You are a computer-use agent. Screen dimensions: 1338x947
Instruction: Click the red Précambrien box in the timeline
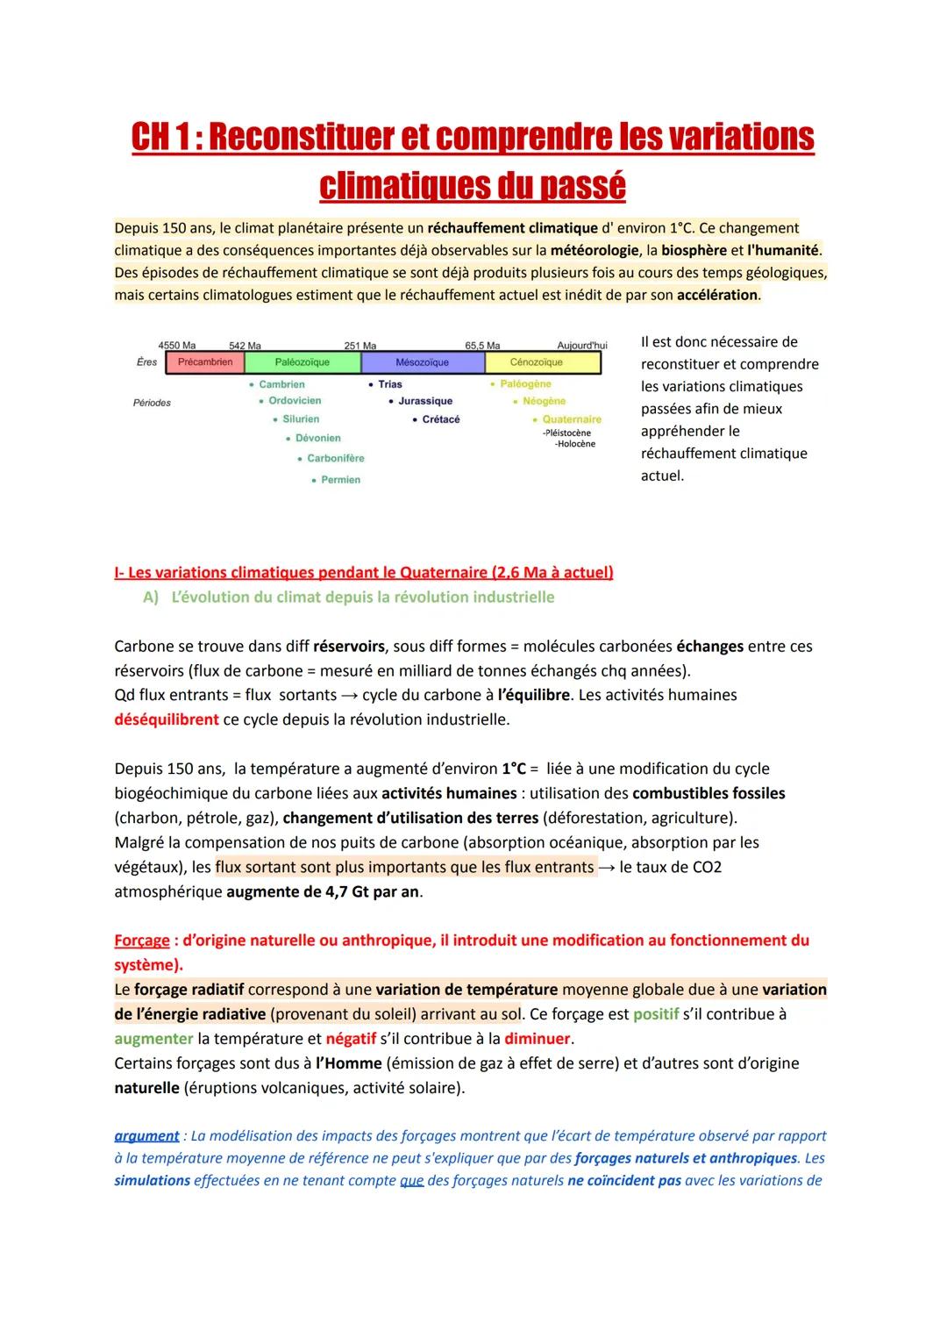[205, 362]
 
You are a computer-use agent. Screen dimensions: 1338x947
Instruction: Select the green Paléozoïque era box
[303, 362]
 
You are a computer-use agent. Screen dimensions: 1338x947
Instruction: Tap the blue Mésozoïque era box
[422, 362]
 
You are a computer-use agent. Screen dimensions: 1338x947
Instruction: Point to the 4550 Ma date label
[177, 346]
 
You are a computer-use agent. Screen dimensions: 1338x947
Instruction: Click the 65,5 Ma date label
[482, 346]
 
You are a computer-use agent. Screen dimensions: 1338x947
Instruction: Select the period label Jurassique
[425, 401]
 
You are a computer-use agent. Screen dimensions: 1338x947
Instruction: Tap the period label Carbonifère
[335, 458]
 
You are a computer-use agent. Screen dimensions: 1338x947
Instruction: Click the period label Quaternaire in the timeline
[572, 419]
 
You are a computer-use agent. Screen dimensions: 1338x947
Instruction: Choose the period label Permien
[340, 480]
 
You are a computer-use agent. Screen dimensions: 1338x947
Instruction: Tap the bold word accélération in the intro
[717, 295]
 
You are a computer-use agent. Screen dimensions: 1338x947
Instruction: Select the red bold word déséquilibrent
[167, 719]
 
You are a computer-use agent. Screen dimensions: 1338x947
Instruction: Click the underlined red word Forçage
[142, 941]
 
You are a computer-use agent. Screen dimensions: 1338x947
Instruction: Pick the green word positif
[656, 1014]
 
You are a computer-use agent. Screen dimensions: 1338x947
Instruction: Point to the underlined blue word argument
[146, 1135]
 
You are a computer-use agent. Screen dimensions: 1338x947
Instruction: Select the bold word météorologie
[595, 250]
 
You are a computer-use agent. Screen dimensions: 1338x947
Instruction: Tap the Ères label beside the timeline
[147, 362]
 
